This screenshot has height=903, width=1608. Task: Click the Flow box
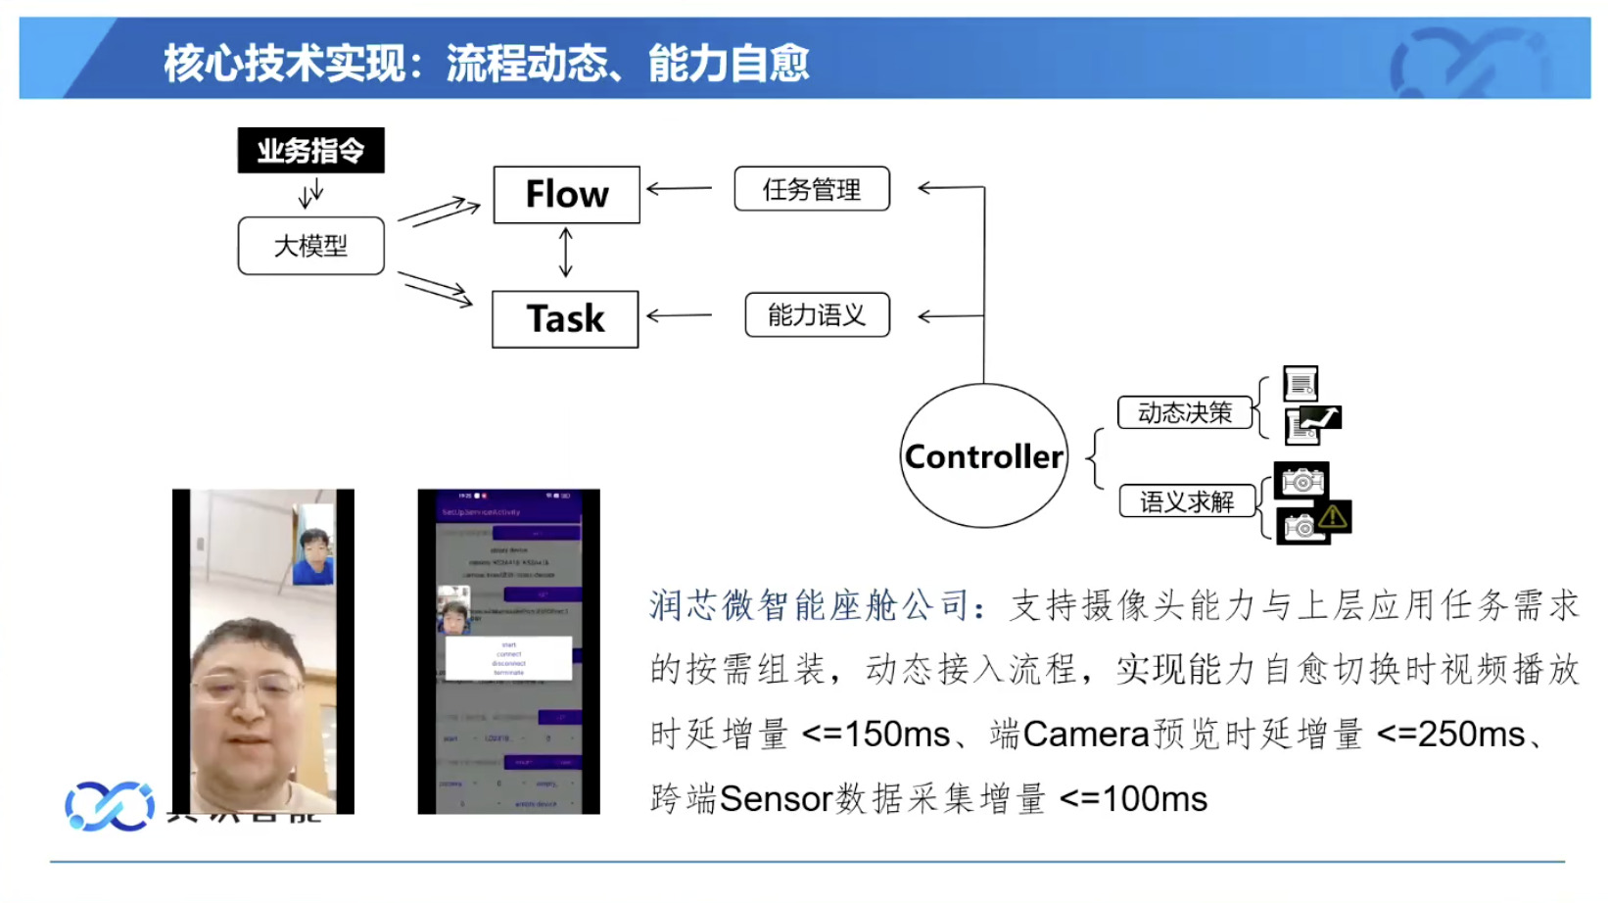click(x=566, y=195)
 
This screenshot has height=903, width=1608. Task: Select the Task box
click(x=565, y=319)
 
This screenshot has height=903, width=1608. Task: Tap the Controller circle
click(x=983, y=456)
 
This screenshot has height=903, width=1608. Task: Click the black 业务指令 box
click(x=310, y=151)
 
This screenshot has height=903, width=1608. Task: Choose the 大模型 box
click(x=310, y=246)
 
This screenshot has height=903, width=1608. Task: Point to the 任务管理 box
click(x=812, y=189)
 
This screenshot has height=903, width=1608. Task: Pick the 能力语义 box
click(x=817, y=315)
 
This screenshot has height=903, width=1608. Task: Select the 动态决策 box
click(x=1185, y=412)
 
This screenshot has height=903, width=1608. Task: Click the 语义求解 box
click(x=1187, y=501)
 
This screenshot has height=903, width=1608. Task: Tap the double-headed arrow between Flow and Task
click(x=565, y=253)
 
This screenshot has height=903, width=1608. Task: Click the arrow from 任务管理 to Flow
click(x=680, y=188)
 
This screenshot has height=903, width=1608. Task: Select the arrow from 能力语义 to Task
click(x=680, y=315)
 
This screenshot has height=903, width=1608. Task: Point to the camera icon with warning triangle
click(x=1314, y=523)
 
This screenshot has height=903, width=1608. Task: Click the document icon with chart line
click(x=1312, y=424)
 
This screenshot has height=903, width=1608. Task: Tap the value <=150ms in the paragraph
click(x=875, y=735)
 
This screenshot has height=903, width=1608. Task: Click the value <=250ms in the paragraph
click(x=1450, y=735)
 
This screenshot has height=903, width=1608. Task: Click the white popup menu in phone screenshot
click(x=508, y=658)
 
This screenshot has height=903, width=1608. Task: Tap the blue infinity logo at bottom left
click(x=110, y=806)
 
